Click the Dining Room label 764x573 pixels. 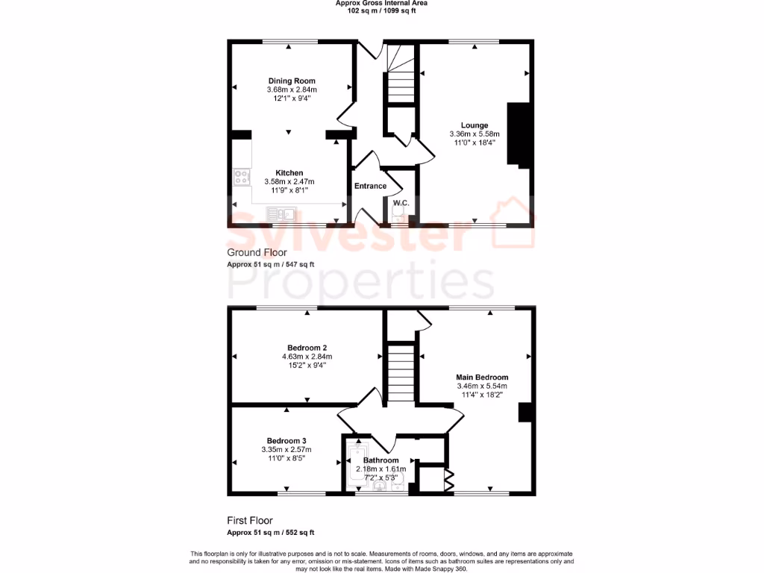(x=292, y=81)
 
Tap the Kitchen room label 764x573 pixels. (x=289, y=172)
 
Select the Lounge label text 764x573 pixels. (x=475, y=125)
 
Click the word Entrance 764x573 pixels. (x=370, y=186)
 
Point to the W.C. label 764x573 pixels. (x=401, y=202)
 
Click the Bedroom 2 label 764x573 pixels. (x=307, y=348)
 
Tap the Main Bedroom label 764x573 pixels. (x=483, y=378)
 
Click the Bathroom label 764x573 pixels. (x=381, y=460)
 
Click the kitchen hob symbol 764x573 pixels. (x=242, y=177)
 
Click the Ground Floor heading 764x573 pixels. (x=257, y=253)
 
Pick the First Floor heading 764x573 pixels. (x=250, y=521)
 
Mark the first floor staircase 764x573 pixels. (x=400, y=373)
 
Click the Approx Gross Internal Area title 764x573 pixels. (x=382, y=4)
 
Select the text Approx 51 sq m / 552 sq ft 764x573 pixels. (x=271, y=533)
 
